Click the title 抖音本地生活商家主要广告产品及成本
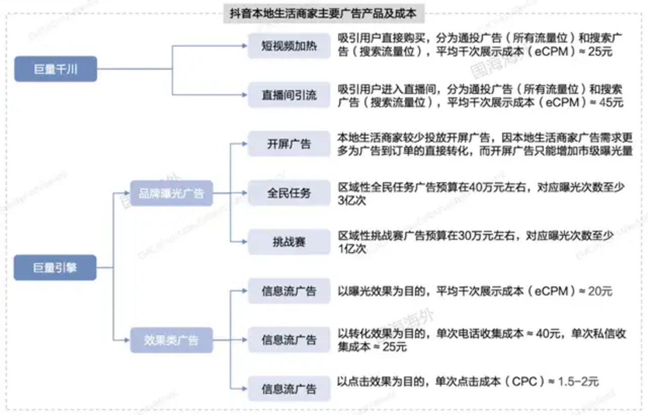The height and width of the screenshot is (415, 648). click(323, 14)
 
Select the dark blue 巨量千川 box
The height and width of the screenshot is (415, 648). click(55, 69)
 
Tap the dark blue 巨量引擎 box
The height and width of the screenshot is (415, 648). click(55, 267)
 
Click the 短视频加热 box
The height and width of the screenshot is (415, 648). click(289, 45)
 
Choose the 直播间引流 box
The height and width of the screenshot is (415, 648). click(289, 95)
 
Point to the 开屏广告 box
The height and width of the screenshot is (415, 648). click(289, 144)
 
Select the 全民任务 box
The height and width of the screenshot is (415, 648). click(289, 193)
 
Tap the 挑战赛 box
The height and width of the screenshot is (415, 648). click(289, 242)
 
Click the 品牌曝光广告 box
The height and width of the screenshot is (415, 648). click(171, 194)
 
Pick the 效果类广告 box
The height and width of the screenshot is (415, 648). click(171, 340)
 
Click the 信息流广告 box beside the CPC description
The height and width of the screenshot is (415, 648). click(289, 388)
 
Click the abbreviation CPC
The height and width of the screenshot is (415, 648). click(525, 382)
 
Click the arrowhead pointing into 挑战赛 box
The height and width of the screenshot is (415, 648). click(244, 242)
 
